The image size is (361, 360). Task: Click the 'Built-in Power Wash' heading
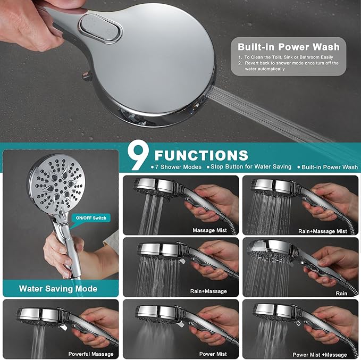point(289,46)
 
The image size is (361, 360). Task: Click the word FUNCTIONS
point(200,155)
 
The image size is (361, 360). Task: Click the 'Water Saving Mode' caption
point(58,289)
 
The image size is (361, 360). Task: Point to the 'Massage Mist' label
point(209,230)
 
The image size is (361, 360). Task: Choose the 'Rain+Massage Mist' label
point(323,231)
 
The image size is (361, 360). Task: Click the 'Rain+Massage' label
point(208,291)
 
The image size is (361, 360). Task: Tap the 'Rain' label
point(341,292)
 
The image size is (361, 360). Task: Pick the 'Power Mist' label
point(213,354)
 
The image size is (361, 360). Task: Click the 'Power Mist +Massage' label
point(320,354)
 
